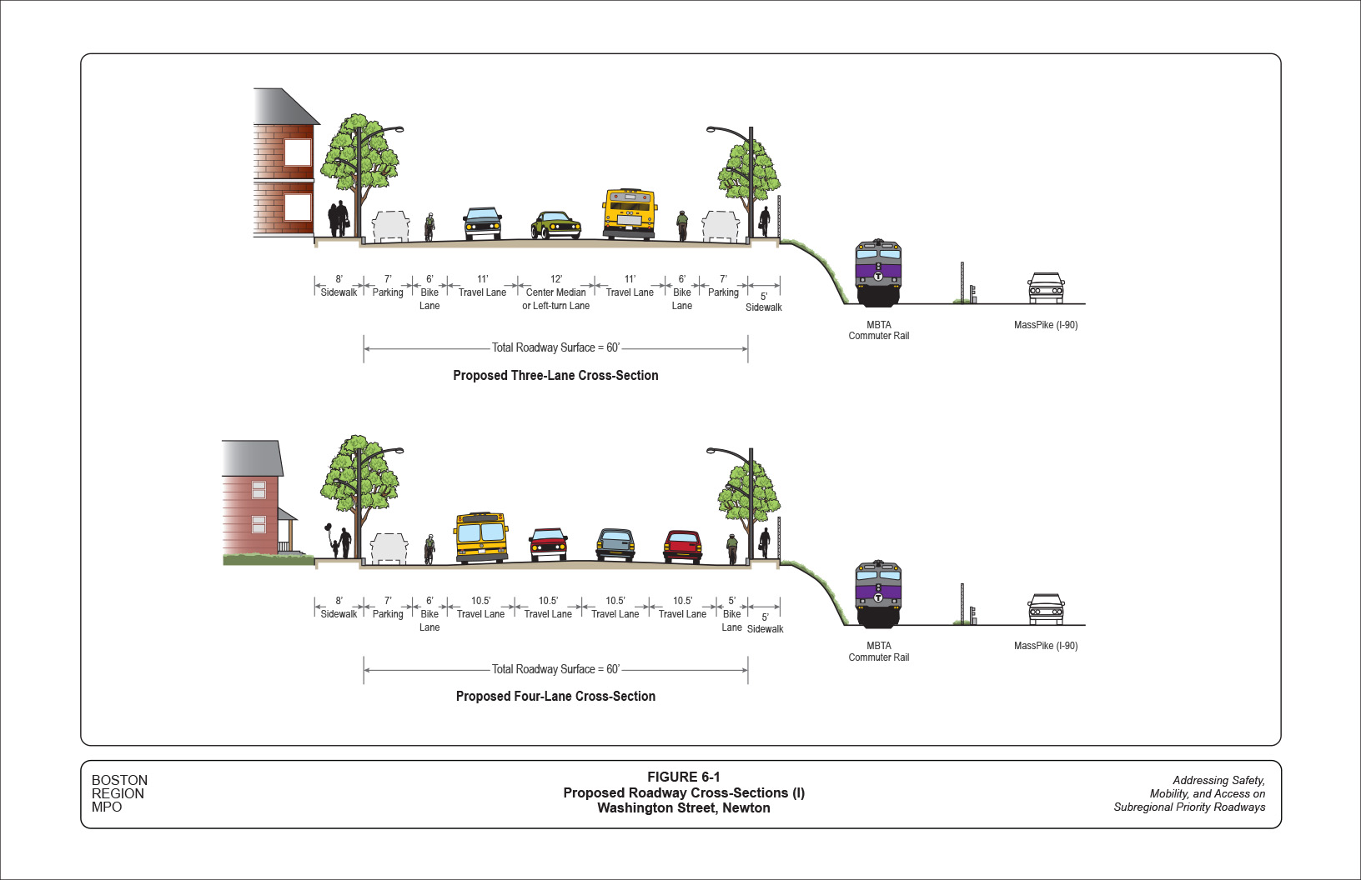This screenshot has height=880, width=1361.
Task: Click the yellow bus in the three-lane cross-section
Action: (629, 214)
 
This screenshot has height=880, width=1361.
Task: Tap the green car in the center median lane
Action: (555, 225)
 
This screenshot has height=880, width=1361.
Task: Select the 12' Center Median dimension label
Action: (556, 292)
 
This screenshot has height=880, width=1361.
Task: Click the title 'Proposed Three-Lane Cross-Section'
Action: (555, 376)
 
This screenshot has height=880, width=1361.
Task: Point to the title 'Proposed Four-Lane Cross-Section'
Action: (555, 697)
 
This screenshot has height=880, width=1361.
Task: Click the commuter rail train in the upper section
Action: (878, 272)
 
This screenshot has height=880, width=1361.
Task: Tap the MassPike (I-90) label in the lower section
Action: (1046, 646)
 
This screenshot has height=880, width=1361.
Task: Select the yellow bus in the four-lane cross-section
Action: (481, 537)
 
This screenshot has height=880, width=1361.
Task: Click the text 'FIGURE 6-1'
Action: (683, 777)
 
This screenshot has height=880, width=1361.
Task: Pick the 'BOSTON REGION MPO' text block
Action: (119, 793)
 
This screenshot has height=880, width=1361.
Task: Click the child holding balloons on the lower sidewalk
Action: (334, 547)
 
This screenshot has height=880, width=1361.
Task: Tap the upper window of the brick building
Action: (297, 152)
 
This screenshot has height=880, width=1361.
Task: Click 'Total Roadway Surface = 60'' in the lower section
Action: (555, 669)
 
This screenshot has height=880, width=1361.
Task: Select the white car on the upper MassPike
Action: (1046, 288)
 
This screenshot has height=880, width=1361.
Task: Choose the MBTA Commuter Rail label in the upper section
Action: (878, 330)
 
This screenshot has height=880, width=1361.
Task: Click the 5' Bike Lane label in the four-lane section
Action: (731, 614)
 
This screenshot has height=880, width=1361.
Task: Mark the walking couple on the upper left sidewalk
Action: (338, 219)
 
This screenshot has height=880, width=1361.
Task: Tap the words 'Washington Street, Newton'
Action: (683, 807)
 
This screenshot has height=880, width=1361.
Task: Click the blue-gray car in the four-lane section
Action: (615, 545)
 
